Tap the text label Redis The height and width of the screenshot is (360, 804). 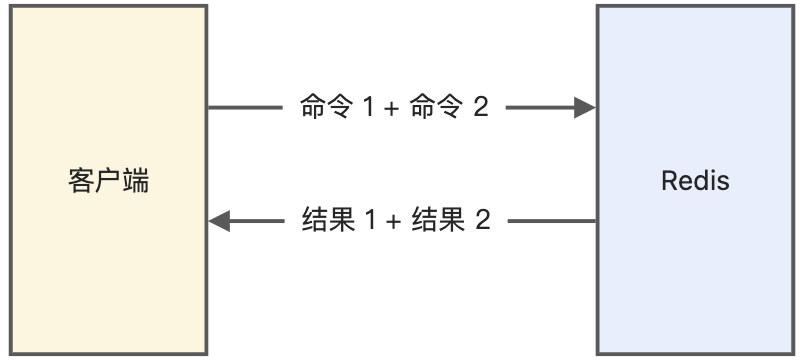click(696, 181)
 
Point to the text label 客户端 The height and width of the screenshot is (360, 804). click(109, 181)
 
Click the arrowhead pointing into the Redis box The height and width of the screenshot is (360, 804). click(586, 108)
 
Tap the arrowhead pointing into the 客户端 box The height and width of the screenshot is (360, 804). click(220, 220)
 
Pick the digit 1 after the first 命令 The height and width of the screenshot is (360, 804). click(368, 108)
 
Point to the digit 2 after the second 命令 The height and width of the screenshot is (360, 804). click(481, 108)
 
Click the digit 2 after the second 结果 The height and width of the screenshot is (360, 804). click(483, 220)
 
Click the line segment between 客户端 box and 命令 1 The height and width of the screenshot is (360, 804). click(245, 108)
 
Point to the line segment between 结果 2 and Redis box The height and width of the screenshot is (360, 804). click(552, 220)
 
